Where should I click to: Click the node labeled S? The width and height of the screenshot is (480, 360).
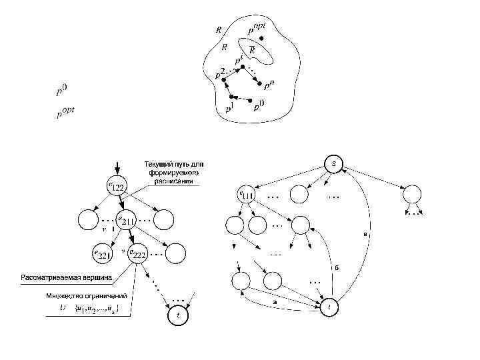coord(333,163)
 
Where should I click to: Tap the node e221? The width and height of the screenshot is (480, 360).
coord(105,253)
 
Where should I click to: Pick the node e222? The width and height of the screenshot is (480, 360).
coord(136,253)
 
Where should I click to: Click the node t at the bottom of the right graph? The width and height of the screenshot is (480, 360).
coord(329,307)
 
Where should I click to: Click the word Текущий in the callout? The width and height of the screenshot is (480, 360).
coord(158,164)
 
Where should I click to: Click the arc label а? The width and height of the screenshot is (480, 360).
coord(275,302)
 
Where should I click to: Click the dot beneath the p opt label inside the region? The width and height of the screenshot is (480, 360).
coord(261,38)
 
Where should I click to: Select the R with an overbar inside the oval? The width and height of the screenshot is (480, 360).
coord(253,49)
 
